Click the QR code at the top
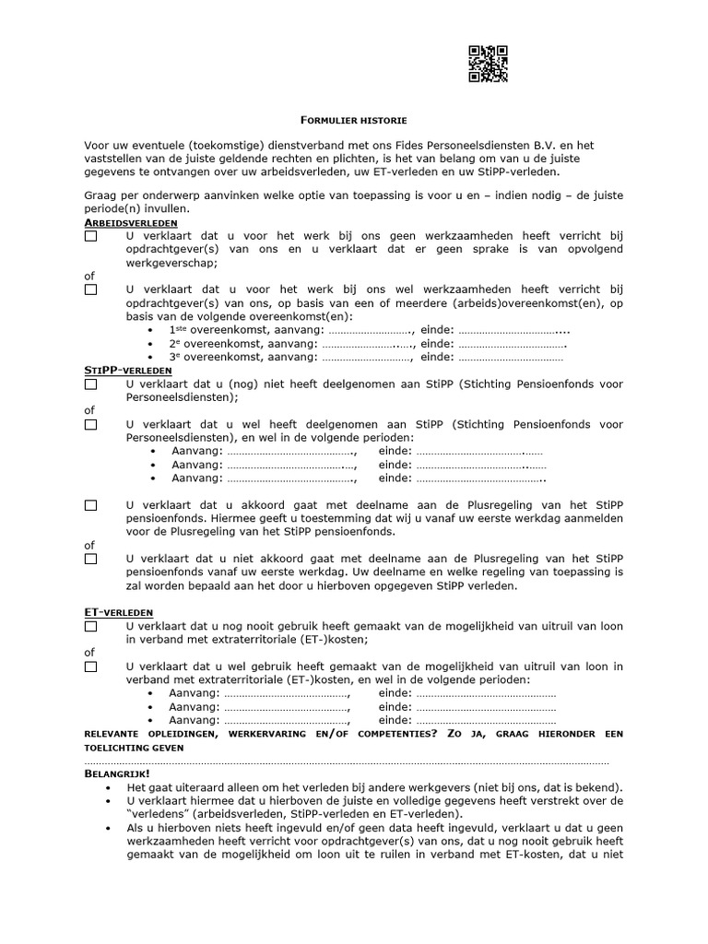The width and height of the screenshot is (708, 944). (x=488, y=65)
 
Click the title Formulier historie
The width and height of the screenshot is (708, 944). (x=354, y=121)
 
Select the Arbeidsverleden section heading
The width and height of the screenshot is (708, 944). (x=132, y=223)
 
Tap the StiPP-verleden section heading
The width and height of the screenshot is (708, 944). (x=128, y=370)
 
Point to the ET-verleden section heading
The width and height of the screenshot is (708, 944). (x=119, y=612)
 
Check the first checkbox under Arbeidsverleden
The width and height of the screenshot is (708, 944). (x=90, y=237)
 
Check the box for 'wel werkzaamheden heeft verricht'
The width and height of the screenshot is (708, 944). (x=90, y=289)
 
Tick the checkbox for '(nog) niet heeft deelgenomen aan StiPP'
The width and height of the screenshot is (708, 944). (x=90, y=384)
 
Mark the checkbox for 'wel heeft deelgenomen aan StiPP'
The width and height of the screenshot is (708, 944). (x=90, y=425)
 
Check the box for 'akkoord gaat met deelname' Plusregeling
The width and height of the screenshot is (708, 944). (x=90, y=505)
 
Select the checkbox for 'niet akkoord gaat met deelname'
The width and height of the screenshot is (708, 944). (x=90, y=559)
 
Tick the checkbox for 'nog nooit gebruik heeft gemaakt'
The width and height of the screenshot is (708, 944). (x=90, y=627)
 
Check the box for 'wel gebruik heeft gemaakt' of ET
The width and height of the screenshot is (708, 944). (x=90, y=667)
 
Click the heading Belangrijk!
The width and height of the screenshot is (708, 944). (x=116, y=773)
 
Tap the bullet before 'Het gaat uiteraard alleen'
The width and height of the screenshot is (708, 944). (x=109, y=788)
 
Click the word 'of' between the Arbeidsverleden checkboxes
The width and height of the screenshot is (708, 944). (x=89, y=277)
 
